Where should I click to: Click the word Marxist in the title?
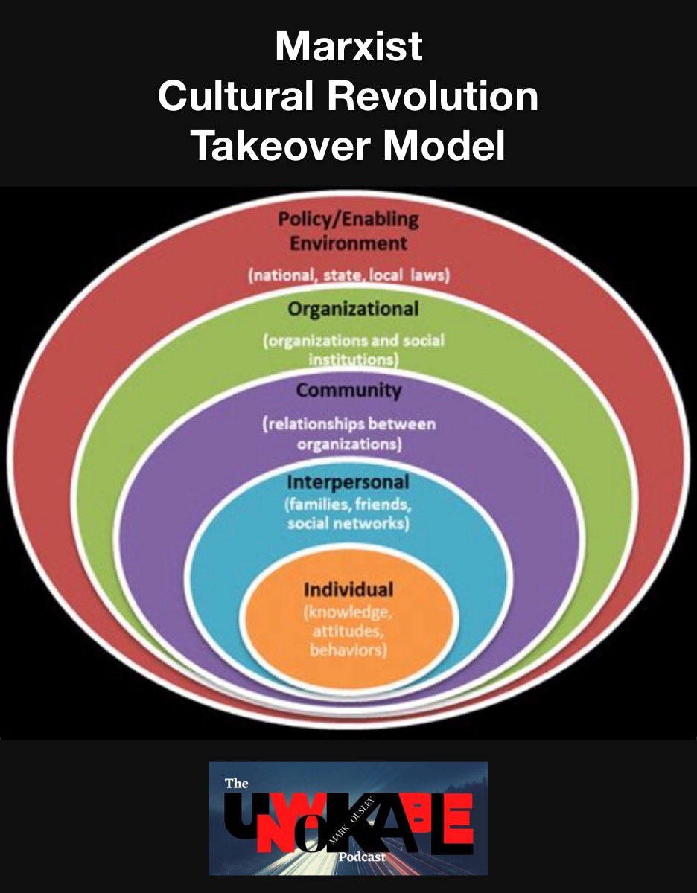(x=348, y=48)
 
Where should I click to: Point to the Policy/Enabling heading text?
(x=348, y=220)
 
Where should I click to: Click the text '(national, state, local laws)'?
(x=348, y=276)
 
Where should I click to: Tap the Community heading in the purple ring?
(x=348, y=391)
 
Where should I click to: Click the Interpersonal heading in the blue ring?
(x=348, y=482)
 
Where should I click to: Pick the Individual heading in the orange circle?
(x=348, y=590)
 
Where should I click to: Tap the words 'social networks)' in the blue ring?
(x=348, y=523)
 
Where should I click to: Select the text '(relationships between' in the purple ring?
(x=348, y=425)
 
